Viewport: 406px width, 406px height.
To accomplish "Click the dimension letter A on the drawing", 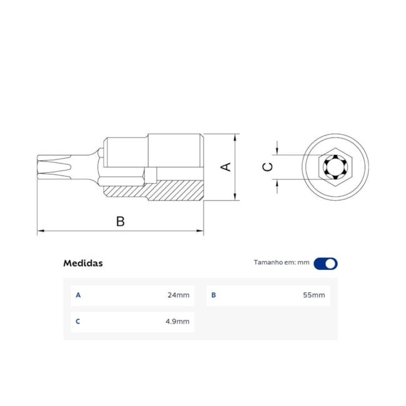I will pyautogui.click(x=227, y=167).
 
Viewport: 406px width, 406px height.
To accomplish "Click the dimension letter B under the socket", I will pyautogui.click(x=121, y=221).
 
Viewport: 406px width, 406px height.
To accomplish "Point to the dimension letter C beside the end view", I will pyautogui.click(x=267, y=167).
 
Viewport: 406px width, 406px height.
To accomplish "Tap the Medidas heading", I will pyautogui.click(x=83, y=263).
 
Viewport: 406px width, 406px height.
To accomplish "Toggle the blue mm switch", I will pyautogui.click(x=325, y=263).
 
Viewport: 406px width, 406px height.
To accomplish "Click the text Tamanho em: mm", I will pyautogui.click(x=282, y=263).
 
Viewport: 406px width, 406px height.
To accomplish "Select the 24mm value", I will pyautogui.click(x=178, y=295).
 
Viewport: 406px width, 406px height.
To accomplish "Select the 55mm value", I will pyautogui.click(x=314, y=295).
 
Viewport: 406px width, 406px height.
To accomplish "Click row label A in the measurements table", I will pyautogui.click(x=78, y=295).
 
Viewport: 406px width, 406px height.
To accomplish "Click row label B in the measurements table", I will pyautogui.click(x=214, y=295).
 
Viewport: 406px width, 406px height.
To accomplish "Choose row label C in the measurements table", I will pyautogui.click(x=78, y=321).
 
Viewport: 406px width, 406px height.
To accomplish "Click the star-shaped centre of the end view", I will pyautogui.click(x=335, y=167).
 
